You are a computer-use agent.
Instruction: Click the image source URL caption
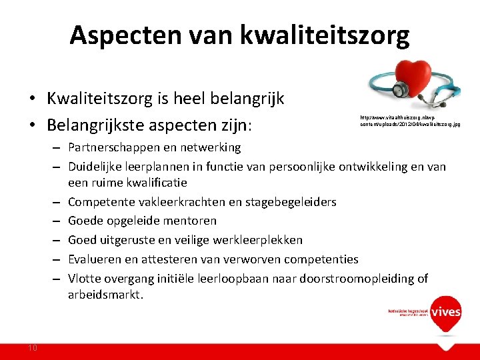tap(409, 120)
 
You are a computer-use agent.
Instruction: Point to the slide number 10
tap(33, 347)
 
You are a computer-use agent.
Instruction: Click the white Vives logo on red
tap(446, 311)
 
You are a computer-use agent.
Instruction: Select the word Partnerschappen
tap(111, 147)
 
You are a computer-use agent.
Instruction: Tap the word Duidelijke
tap(96, 167)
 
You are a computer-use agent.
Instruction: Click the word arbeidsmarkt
tap(105, 295)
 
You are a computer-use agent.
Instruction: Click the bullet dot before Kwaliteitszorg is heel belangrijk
tap(31, 99)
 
